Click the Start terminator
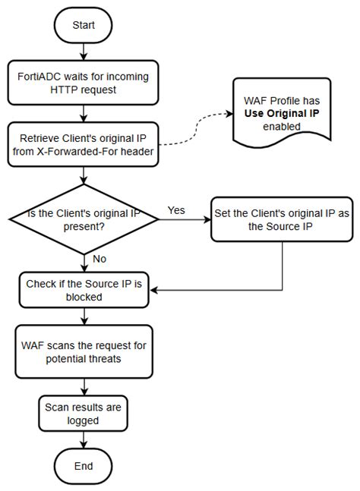(x=83, y=25)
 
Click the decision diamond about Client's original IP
(x=83, y=219)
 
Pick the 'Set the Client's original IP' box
(x=283, y=219)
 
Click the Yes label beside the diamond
(x=175, y=210)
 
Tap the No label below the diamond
(x=98, y=259)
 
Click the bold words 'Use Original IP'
(x=281, y=113)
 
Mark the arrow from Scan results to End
(x=83, y=438)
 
